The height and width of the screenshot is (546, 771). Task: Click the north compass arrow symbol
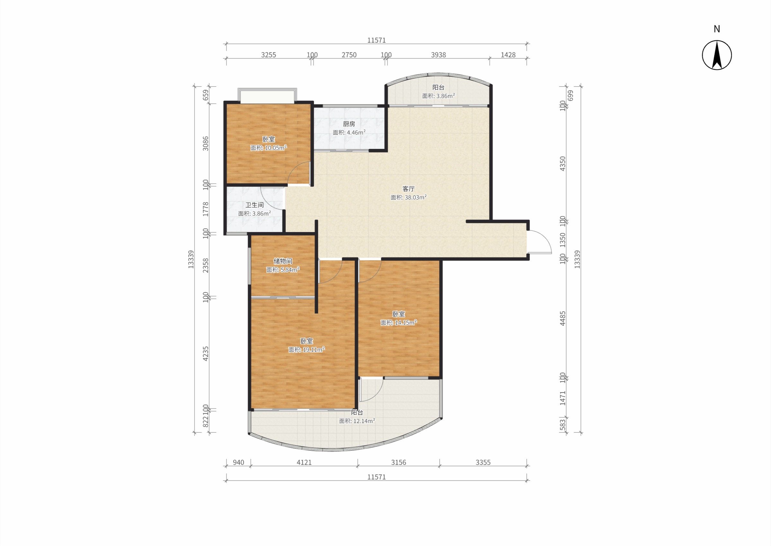click(717, 55)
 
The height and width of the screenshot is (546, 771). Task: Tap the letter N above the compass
click(717, 29)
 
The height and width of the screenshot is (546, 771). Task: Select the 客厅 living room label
click(408, 189)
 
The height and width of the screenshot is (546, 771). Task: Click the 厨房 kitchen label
click(349, 124)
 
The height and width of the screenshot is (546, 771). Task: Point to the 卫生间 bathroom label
click(254, 205)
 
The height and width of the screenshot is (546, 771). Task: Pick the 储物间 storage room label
click(283, 261)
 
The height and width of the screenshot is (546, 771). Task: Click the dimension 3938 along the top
click(438, 55)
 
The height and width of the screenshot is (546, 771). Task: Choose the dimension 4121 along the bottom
click(304, 462)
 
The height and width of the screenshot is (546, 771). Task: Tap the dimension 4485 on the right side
click(563, 318)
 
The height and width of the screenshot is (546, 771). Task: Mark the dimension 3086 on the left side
click(206, 143)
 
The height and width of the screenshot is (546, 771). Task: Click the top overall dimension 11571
click(377, 40)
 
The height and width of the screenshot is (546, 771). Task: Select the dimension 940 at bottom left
click(238, 462)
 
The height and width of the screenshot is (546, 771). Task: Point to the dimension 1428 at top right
click(508, 55)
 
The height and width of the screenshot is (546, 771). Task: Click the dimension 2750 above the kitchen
click(349, 55)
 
